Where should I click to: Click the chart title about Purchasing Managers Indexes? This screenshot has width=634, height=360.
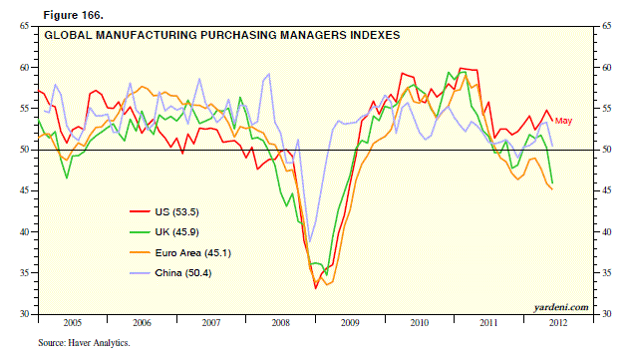pyautogui.click(x=220, y=34)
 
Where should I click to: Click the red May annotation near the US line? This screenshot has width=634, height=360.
pyautogui.click(x=563, y=121)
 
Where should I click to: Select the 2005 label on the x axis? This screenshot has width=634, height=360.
pyautogui.click(x=72, y=323)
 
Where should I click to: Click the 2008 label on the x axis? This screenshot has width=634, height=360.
pyautogui.click(x=279, y=323)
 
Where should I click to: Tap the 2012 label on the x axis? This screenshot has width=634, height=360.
pyautogui.click(x=556, y=323)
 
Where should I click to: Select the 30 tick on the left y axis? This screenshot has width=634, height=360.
pyautogui.click(x=23, y=314)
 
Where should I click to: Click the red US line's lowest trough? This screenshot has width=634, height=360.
pyautogui.click(x=316, y=288)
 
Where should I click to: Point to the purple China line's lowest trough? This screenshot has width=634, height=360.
pyautogui.click(x=310, y=241)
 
